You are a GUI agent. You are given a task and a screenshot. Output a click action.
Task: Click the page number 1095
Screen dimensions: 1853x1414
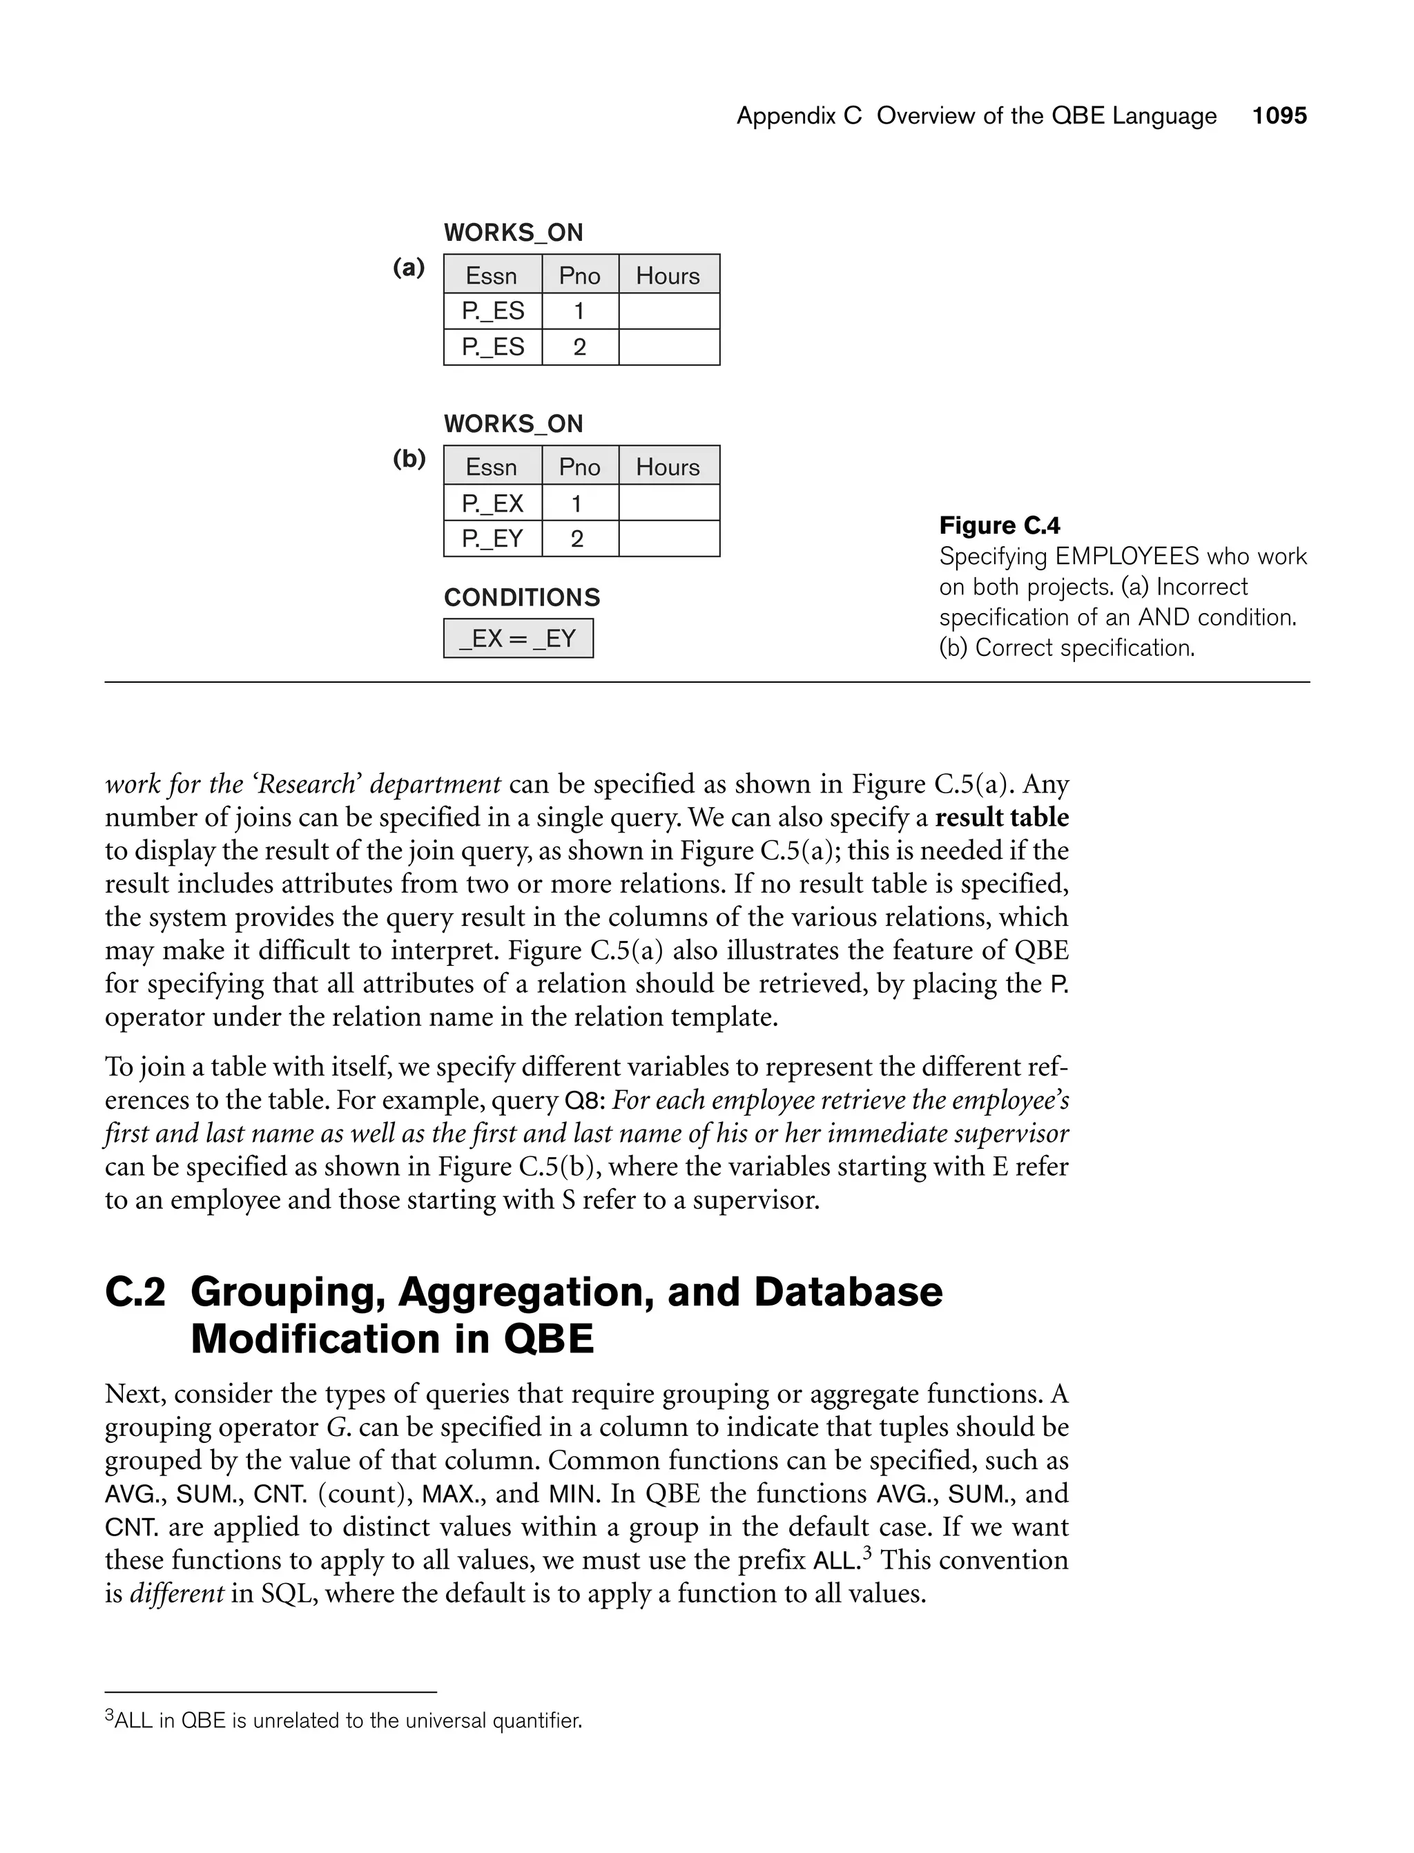pyautogui.click(x=1279, y=115)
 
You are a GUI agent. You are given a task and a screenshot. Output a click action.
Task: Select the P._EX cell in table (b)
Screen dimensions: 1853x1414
pyautogui.click(x=492, y=503)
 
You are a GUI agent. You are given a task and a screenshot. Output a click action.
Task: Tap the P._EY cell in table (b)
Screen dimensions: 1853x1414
pyautogui.click(x=492, y=539)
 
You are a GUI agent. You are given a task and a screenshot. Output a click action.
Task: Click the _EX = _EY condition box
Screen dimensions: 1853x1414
pyautogui.click(x=518, y=639)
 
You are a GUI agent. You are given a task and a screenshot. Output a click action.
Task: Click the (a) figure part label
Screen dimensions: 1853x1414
pyautogui.click(x=409, y=268)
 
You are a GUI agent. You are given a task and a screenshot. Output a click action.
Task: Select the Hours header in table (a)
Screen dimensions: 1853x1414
pyautogui.click(x=668, y=275)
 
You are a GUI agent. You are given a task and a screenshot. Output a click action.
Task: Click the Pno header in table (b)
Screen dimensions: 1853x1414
pyautogui.click(x=579, y=466)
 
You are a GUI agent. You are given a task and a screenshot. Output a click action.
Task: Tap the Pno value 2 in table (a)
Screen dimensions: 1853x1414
pyautogui.click(x=579, y=347)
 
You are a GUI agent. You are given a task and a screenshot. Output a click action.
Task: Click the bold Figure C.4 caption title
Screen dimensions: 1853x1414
pyautogui.click(x=999, y=526)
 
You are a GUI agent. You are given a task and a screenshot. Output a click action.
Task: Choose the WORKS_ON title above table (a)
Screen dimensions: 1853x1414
pyautogui.click(x=514, y=232)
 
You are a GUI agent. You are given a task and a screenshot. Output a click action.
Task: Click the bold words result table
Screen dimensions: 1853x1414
pyautogui.click(x=1002, y=817)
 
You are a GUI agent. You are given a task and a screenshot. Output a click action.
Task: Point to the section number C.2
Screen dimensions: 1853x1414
pyautogui.click(x=135, y=1292)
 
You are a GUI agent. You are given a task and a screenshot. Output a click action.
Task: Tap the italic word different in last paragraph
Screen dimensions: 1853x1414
pyautogui.click(x=177, y=1593)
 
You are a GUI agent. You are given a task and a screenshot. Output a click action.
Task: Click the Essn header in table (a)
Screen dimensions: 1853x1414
pyautogui.click(x=492, y=275)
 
